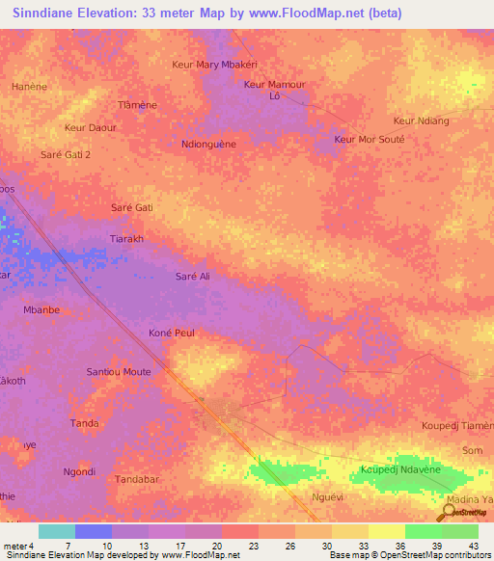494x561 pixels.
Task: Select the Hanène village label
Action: pyautogui.click(x=29, y=86)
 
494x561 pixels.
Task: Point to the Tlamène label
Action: pyautogui.click(x=137, y=104)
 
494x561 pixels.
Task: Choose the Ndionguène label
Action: pyautogui.click(x=208, y=144)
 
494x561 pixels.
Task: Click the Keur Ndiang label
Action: pyautogui.click(x=422, y=120)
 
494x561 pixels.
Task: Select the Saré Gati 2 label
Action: pyautogui.click(x=65, y=154)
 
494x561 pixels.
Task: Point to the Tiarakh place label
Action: pyautogui.click(x=127, y=239)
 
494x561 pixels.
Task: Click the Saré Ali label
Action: pyautogui.click(x=192, y=277)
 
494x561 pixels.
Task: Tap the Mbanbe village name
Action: pyautogui.click(x=41, y=310)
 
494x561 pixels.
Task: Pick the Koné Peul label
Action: pyautogui.click(x=174, y=333)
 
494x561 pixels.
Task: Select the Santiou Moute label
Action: pyautogui.click(x=119, y=371)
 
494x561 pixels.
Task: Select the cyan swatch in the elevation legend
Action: pyautogui.click(x=57, y=531)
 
